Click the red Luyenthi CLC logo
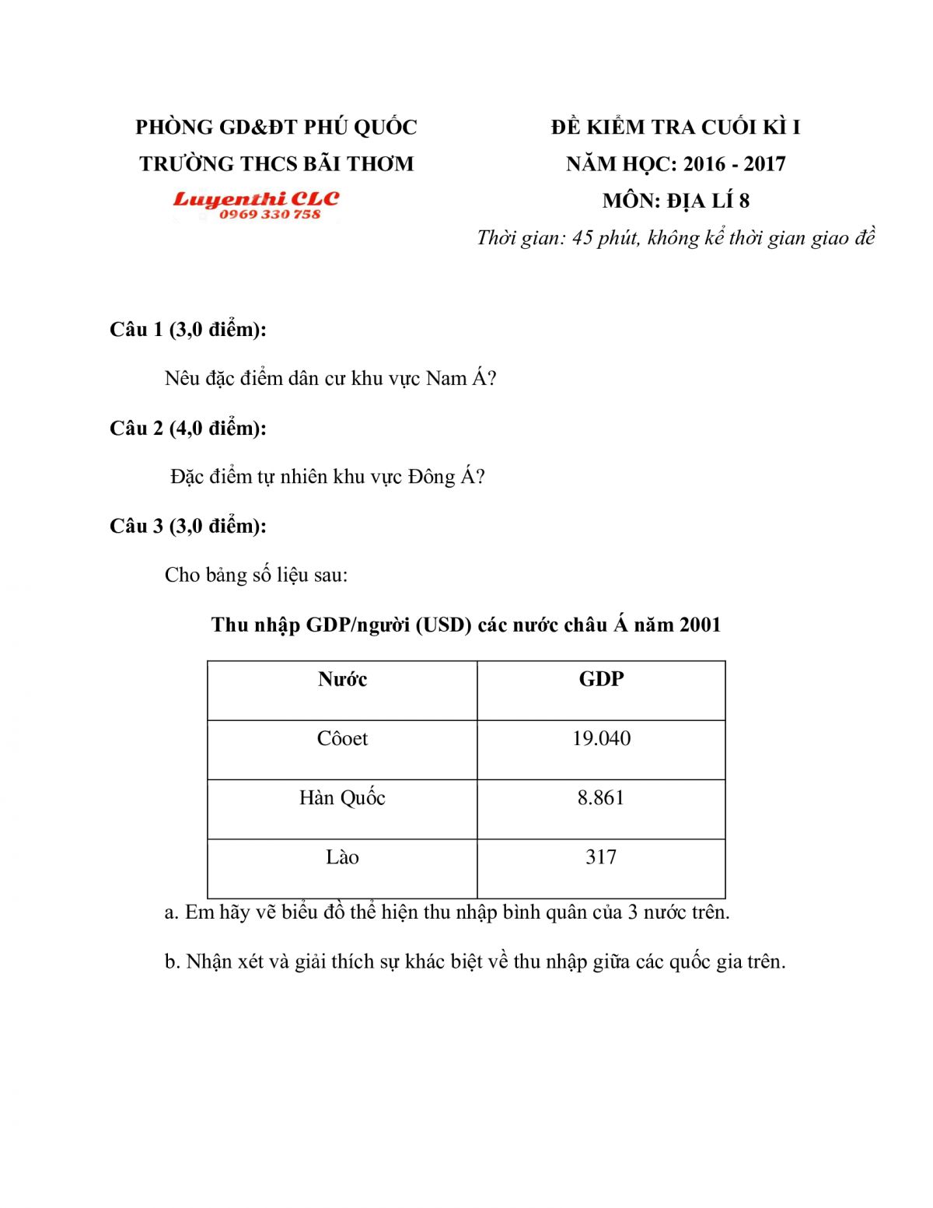(x=256, y=199)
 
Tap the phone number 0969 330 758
(x=269, y=215)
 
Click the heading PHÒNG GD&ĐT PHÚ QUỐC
(x=276, y=127)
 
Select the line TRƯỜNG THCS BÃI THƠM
(x=276, y=164)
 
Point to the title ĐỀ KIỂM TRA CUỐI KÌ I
(x=676, y=127)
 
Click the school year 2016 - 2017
(x=734, y=164)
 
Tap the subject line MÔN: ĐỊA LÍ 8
(x=676, y=201)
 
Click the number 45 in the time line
(x=582, y=238)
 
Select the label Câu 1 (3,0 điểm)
(x=188, y=330)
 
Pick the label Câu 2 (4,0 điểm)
(x=188, y=428)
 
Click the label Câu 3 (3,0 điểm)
(x=188, y=526)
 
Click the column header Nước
(x=342, y=679)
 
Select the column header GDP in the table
(x=601, y=679)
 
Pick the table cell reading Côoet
(x=342, y=738)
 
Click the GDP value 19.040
(x=601, y=738)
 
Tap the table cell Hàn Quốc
(x=342, y=797)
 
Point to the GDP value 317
(x=601, y=856)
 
